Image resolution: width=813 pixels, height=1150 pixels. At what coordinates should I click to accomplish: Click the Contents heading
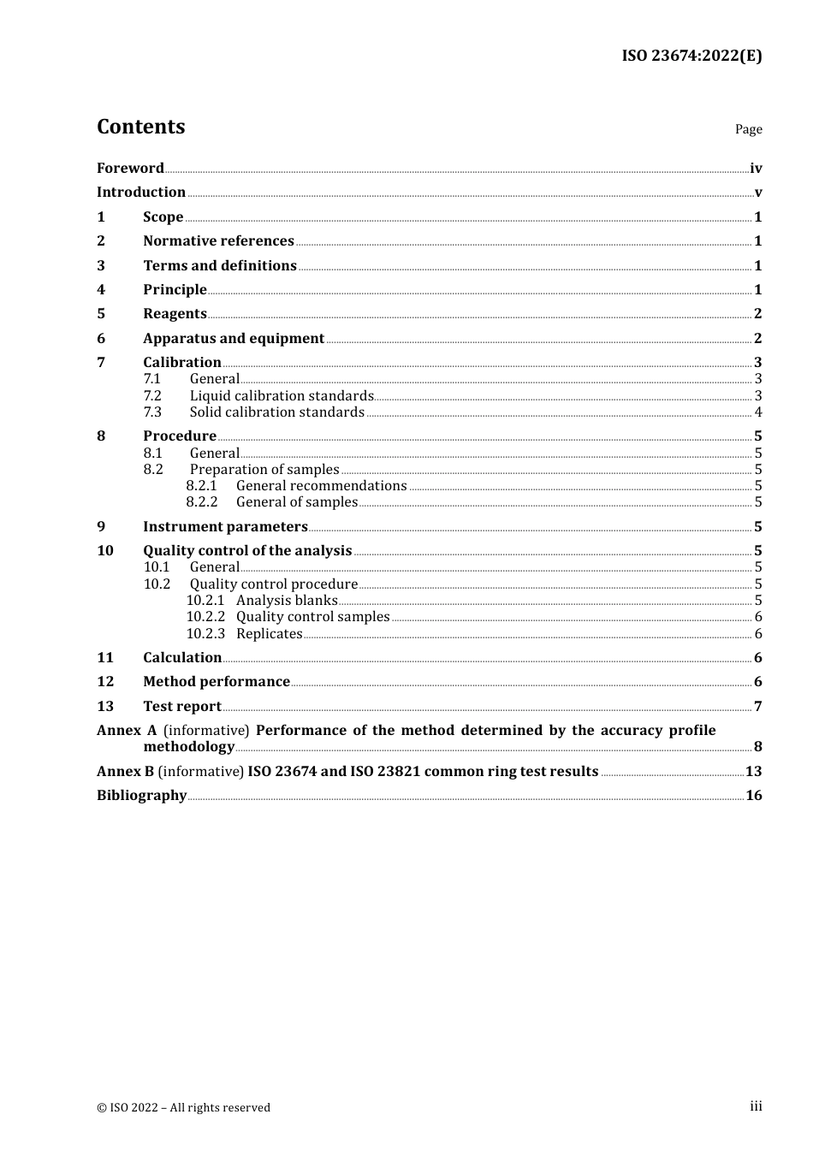tap(140, 127)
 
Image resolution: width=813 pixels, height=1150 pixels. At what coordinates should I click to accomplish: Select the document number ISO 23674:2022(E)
tap(691, 56)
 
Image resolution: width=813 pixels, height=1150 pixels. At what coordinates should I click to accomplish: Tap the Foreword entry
tap(130, 169)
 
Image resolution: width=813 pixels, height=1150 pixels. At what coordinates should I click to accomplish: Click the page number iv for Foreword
tap(755, 169)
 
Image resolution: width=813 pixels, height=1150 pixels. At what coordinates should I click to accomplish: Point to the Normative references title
tap(218, 241)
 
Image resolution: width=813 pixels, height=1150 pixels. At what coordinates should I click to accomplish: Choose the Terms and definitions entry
tap(219, 266)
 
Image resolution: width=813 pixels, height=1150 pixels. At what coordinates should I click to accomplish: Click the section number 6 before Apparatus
tap(101, 339)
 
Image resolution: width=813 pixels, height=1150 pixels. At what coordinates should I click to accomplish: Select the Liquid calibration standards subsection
tap(282, 396)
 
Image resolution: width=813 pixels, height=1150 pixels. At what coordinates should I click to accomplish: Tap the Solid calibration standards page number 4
tap(757, 412)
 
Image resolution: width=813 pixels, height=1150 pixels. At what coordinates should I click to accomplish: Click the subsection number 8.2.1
tap(202, 486)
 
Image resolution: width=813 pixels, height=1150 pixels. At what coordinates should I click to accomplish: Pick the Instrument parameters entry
tap(225, 527)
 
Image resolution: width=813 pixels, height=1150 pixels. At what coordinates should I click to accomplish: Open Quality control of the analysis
tap(247, 551)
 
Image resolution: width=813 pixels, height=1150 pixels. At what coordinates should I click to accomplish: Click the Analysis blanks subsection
tap(287, 601)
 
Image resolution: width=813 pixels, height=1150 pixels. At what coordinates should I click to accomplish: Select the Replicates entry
tap(269, 634)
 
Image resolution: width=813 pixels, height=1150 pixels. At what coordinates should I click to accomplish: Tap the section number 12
tap(105, 682)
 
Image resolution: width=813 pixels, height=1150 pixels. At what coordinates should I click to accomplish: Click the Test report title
tap(182, 707)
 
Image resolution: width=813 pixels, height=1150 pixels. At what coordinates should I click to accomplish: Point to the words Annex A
tap(127, 731)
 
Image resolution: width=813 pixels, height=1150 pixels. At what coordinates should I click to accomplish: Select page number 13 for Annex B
tap(753, 772)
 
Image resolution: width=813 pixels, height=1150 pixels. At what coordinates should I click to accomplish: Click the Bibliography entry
tap(141, 796)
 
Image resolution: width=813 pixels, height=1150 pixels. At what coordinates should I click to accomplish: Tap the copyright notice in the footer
tap(183, 1108)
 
